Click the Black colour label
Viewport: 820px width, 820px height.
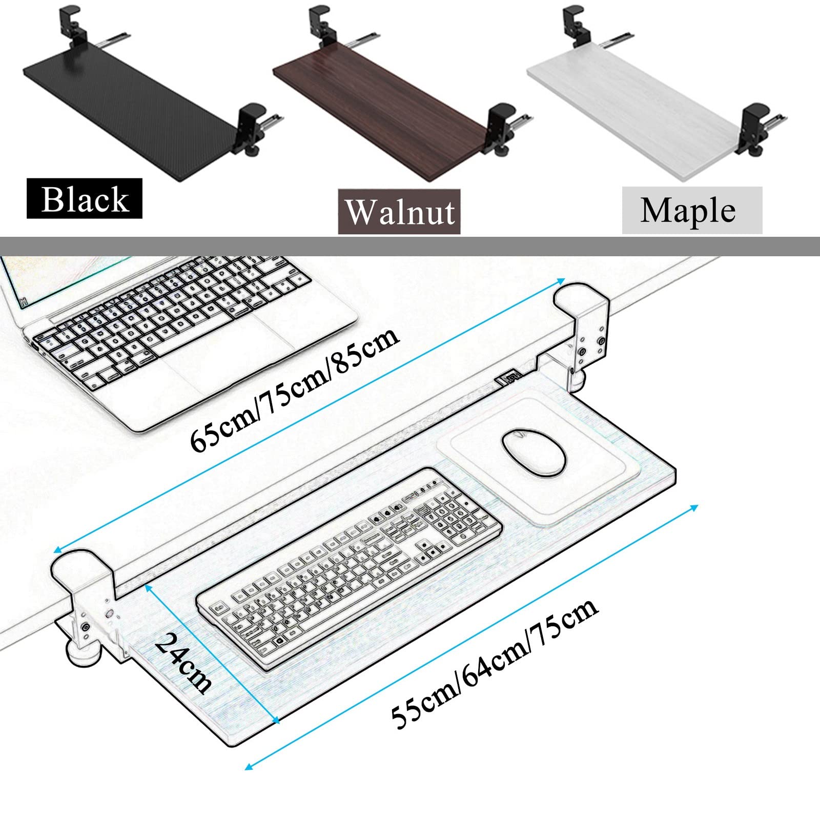(85, 198)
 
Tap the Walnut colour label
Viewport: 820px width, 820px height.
(399, 212)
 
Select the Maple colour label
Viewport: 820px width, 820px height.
(692, 210)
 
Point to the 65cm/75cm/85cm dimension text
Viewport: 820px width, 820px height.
(294, 389)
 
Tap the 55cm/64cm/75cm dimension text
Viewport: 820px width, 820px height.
(495, 662)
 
